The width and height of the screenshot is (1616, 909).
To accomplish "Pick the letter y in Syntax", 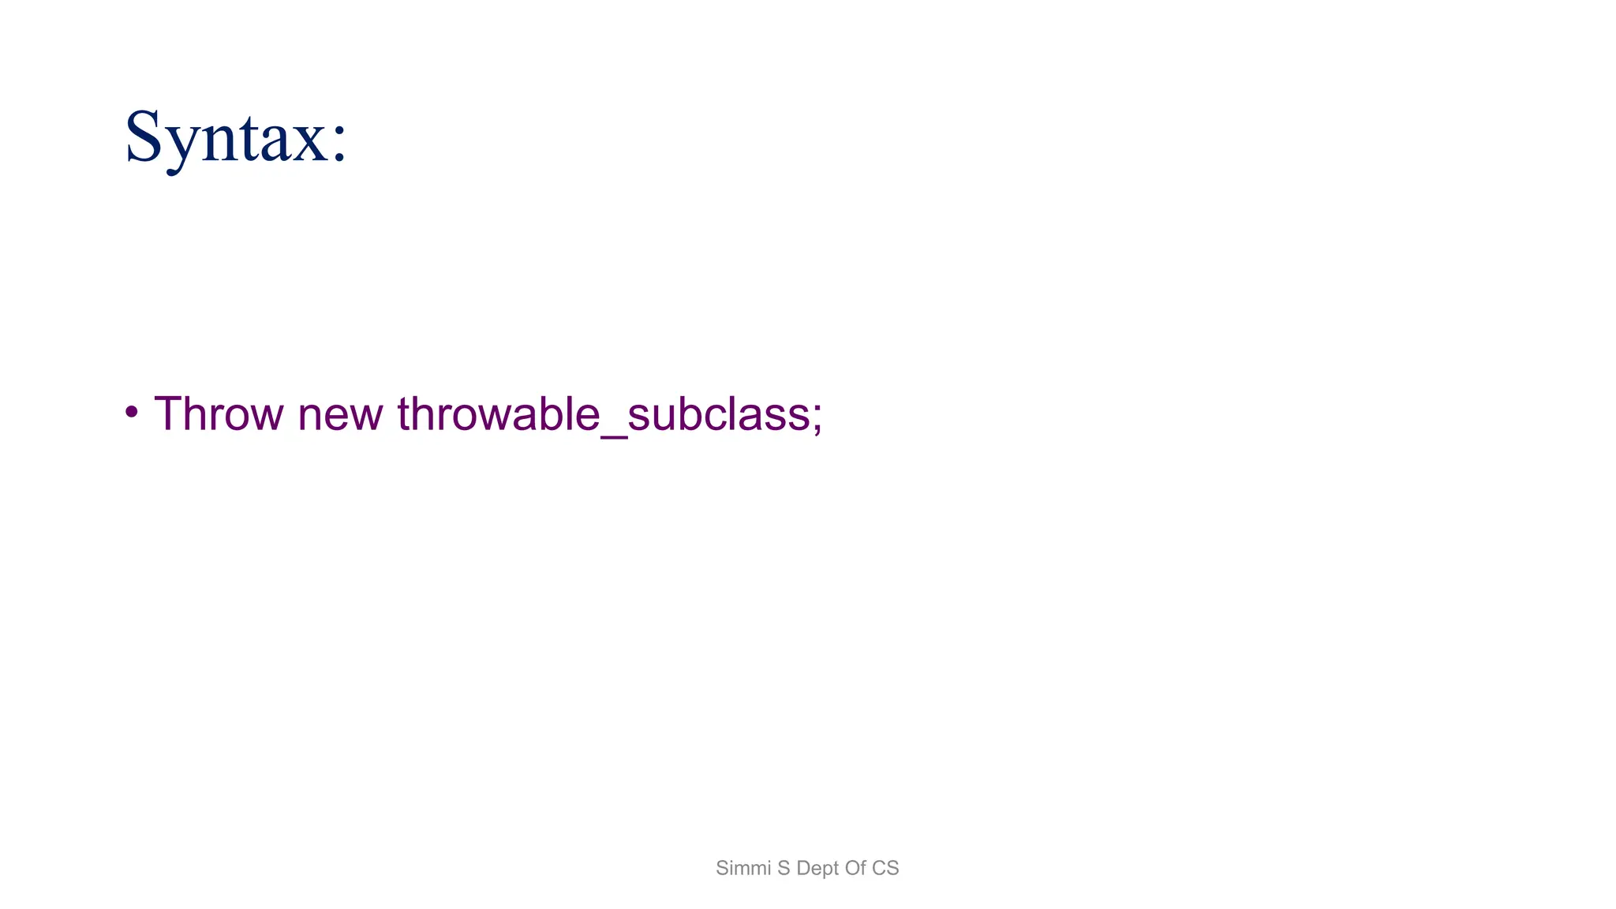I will click(x=181, y=146).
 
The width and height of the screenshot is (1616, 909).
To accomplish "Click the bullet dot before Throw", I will click(x=132, y=411).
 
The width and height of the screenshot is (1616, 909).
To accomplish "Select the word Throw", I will click(x=218, y=413).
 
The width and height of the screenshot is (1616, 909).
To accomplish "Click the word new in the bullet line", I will click(x=340, y=415).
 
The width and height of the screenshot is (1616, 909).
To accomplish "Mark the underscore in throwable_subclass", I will click(x=613, y=433).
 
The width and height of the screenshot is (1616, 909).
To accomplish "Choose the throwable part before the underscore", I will click(x=499, y=413).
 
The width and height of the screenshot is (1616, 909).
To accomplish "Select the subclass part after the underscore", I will click(x=718, y=413).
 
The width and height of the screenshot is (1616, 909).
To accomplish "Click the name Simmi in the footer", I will click(x=743, y=868).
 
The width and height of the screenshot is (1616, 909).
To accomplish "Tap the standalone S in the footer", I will click(x=784, y=868).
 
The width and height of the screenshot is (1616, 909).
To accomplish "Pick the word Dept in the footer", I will click(x=817, y=869).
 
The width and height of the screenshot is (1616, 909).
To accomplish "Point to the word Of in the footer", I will click(x=855, y=868).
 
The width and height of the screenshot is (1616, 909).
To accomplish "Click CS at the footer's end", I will click(x=885, y=868).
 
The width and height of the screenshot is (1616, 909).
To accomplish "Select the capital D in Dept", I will click(x=803, y=868).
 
